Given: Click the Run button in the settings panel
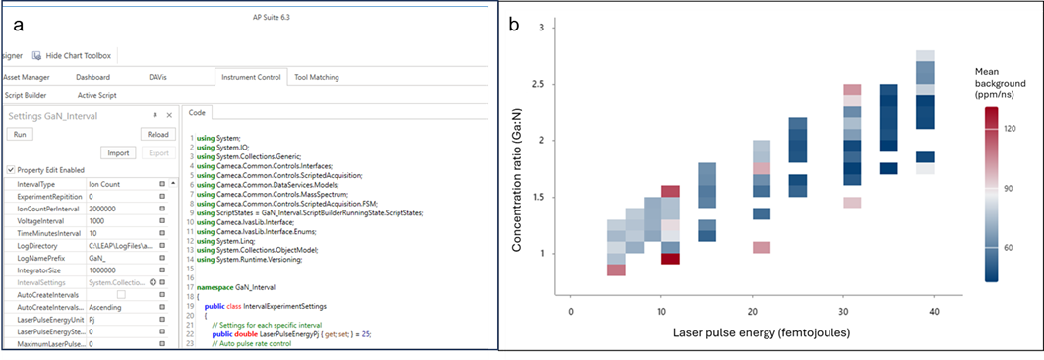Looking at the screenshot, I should coord(20,134).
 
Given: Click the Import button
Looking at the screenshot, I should coord(117,152).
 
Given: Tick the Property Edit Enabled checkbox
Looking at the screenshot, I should coord(10,170).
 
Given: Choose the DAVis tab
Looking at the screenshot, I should coord(157,77).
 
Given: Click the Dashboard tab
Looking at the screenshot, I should coord(92,77).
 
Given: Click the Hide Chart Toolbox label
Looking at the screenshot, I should coord(79,55).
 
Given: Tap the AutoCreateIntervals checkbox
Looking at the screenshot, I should coord(121,294).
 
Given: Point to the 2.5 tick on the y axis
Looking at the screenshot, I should coord(539,84).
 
